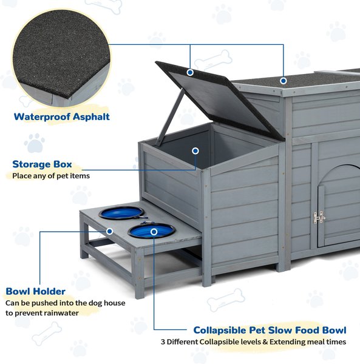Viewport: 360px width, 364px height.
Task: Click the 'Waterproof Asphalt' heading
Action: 61,116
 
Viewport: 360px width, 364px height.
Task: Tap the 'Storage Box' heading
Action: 42,164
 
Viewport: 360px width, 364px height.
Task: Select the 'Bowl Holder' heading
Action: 36,291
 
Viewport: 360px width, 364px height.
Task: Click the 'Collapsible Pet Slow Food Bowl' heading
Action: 270,330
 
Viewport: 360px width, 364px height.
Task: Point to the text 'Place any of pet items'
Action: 51,176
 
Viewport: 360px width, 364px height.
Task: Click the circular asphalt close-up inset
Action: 61,58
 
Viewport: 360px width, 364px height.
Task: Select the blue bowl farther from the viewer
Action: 121,213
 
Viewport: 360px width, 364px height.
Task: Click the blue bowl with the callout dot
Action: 151,231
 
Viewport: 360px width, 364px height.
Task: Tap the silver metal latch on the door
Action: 319,218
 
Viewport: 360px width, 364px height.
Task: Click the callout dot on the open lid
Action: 190,72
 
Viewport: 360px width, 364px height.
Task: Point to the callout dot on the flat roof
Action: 283,81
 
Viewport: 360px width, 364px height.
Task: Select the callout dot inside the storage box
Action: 195,151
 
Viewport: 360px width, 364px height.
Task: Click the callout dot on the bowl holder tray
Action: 110,231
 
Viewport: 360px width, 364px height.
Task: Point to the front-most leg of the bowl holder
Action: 139,274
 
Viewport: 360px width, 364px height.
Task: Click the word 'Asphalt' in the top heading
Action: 91,116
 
